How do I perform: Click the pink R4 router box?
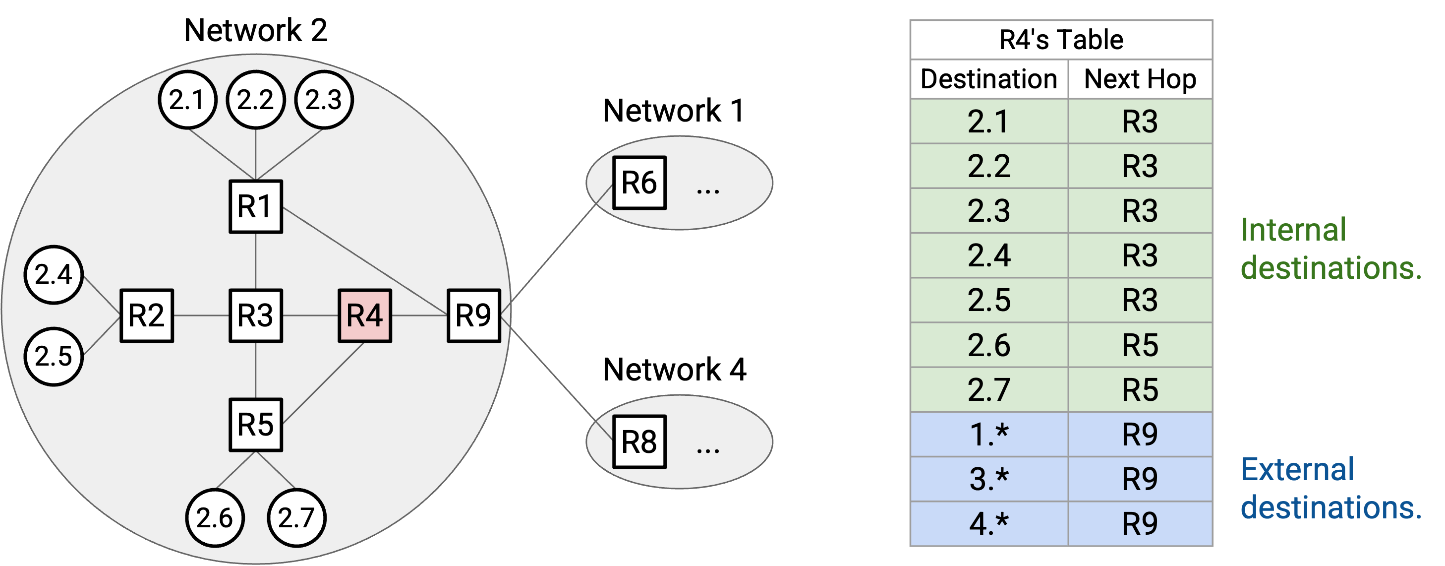(365, 315)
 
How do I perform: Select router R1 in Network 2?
(256, 207)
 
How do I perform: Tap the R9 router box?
(474, 315)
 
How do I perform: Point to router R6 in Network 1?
(639, 183)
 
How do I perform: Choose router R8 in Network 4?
(639, 442)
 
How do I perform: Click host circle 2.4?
(54, 275)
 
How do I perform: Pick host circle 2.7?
(297, 518)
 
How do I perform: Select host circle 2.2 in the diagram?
(256, 100)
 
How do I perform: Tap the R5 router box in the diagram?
(256, 425)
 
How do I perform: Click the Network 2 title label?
(256, 30)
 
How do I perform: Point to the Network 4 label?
(675, 370)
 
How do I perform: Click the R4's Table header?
(1061, 40)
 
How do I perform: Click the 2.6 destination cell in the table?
(989, 345)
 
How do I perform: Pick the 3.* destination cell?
(989, 479)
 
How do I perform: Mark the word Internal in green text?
(1293, 230)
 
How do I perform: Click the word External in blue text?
(1297, 469)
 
